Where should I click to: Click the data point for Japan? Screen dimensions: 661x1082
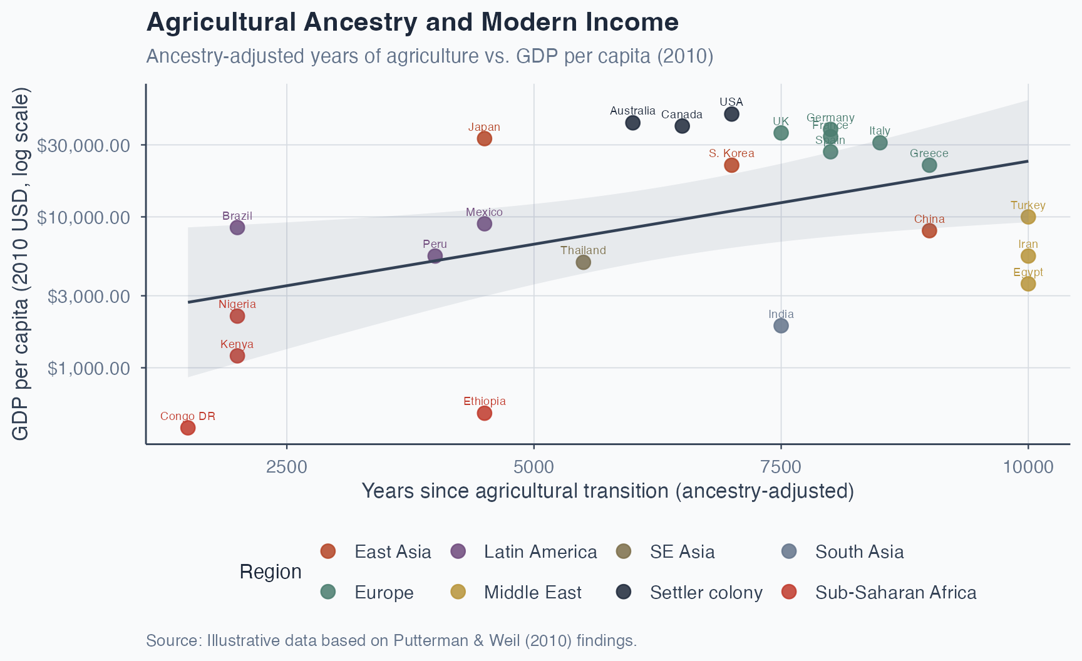484,138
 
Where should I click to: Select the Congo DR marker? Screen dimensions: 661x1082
188,428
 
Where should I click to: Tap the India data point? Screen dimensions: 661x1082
781,325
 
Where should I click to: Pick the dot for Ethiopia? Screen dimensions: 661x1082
484,413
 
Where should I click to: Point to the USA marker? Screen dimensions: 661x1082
731,114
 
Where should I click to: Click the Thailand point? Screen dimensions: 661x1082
583,262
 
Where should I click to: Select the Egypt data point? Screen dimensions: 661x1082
1028,284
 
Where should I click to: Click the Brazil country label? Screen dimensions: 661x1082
237,216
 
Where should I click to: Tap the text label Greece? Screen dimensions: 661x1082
929,153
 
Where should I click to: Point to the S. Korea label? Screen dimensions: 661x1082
731,153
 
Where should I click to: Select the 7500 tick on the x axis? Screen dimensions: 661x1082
781,467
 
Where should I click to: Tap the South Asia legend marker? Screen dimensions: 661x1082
789,551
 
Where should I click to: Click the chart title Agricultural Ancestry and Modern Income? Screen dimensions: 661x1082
412,23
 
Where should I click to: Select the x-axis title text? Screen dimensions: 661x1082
607,491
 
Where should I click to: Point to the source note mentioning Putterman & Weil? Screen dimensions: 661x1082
391,640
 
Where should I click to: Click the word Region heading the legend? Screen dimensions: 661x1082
270,571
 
